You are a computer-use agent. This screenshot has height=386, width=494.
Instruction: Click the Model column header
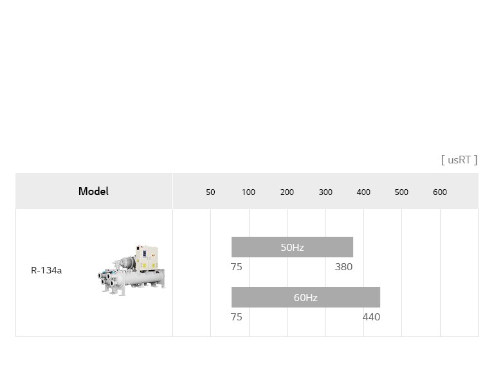click(93, 191)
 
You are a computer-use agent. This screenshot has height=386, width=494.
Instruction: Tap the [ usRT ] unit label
click(459, 160)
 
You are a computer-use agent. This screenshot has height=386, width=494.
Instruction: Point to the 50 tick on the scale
click(210, 192)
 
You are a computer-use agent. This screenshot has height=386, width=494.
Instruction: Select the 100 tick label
click(248, 192)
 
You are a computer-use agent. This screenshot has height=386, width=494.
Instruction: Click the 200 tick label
click(287, 192)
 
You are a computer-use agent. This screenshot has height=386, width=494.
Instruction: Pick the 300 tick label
click(325, 192)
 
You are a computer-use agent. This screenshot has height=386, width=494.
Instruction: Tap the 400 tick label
click(363, 192)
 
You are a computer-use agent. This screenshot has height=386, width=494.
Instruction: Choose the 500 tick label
click(401, 192)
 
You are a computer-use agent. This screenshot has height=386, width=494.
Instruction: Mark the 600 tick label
click(440, 192)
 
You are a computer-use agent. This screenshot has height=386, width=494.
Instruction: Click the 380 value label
click(343, 267)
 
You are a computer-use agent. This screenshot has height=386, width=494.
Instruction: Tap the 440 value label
click(371, 317)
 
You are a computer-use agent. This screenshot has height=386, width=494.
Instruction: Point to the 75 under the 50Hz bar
click(237, 267)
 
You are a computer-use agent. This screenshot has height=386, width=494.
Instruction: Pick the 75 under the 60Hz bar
click(237, 317)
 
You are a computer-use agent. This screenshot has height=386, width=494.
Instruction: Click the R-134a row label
click(46, 270)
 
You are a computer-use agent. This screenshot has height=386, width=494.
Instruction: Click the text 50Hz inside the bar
click(292, 247)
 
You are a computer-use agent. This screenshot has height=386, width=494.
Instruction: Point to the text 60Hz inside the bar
click(306, 297)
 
